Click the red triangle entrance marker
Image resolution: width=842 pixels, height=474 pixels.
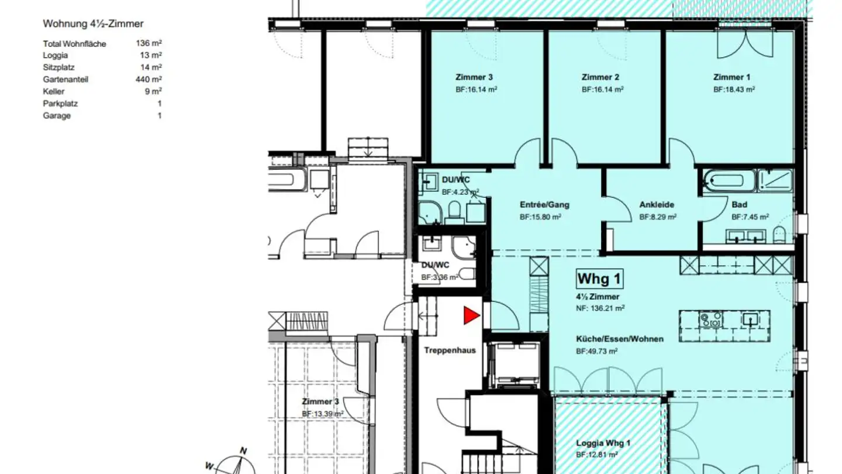(x=471, y=316)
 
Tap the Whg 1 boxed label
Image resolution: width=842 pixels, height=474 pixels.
(x=598, y=279)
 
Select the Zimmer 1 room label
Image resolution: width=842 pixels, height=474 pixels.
(x=731, y=77)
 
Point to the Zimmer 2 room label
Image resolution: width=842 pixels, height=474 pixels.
(x=600, y=77)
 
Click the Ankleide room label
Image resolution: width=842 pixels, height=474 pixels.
(x=657, y=205)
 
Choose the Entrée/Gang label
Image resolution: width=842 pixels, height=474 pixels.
(x=544, y=205)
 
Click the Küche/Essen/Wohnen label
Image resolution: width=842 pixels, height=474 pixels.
(x=619, y=339)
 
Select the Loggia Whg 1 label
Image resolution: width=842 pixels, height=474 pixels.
(x=603, y=443)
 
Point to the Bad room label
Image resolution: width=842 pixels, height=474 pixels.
(x=739, y=205)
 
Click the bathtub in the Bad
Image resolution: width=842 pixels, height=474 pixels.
(x=727, y=181)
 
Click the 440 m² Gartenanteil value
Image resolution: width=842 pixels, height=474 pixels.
(x=149, y=80)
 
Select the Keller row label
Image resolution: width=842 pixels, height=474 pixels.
(x=54, y=92)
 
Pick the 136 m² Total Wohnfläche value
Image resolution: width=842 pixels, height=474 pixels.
(x=149, y=43)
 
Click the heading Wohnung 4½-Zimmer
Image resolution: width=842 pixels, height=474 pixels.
(x=93, y=24)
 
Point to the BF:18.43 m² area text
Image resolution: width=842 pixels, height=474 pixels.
(x=734, y=90)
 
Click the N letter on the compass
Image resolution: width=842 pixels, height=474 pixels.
(x=244, y=451)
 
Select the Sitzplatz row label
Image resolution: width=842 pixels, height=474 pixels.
(x=59, y=68)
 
